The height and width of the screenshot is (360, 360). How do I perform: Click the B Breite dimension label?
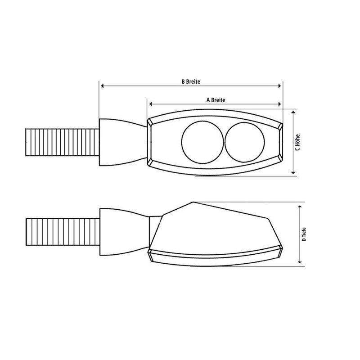(x=190, y=81)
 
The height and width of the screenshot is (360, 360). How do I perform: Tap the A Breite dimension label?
(x=216, y=100)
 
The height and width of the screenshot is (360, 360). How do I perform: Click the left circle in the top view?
(x=202, y=141)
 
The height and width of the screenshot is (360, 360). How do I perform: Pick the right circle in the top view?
(x=245, y=141)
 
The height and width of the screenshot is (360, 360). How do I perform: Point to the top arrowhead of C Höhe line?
(x=293, y=112)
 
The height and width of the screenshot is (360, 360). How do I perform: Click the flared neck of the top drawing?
(x=121, y=141)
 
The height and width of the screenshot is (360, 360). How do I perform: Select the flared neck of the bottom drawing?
(x=124, y=230)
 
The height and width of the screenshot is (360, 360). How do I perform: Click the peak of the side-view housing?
(x=191, y=203)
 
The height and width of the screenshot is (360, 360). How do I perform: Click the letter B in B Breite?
(x=183, y=81)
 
